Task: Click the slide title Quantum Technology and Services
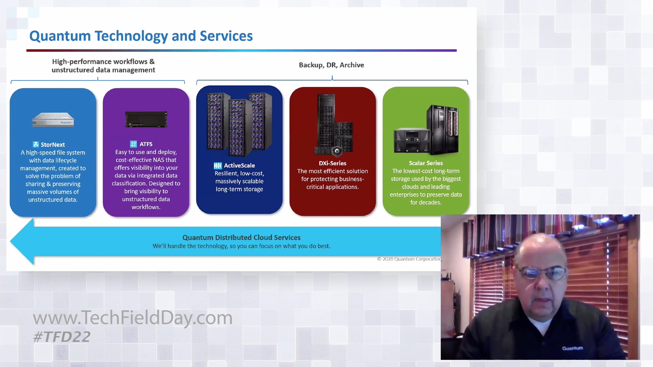coord(141,36)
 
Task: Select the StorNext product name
coord(53,145)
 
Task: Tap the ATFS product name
coord(146,144)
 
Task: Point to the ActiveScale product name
coord(239,166)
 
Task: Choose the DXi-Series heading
coord(332,163)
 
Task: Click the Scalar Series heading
coord(426,163)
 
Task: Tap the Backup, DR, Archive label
coord(331,65)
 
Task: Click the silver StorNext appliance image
coord(53,120)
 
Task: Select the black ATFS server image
coord(146,119)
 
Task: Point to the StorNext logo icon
coord(36,144)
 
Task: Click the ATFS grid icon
coord(133,144)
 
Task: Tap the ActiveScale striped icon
coord(218,166)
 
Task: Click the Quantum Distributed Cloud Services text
coord(242,238)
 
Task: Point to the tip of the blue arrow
coord(10,241)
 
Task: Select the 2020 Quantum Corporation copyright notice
coord(409,259)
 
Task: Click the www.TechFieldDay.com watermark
coord(133,318)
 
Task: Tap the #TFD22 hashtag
coord(61,337)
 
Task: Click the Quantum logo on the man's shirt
coord(572,348)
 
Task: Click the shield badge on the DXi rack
coord(337,151)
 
